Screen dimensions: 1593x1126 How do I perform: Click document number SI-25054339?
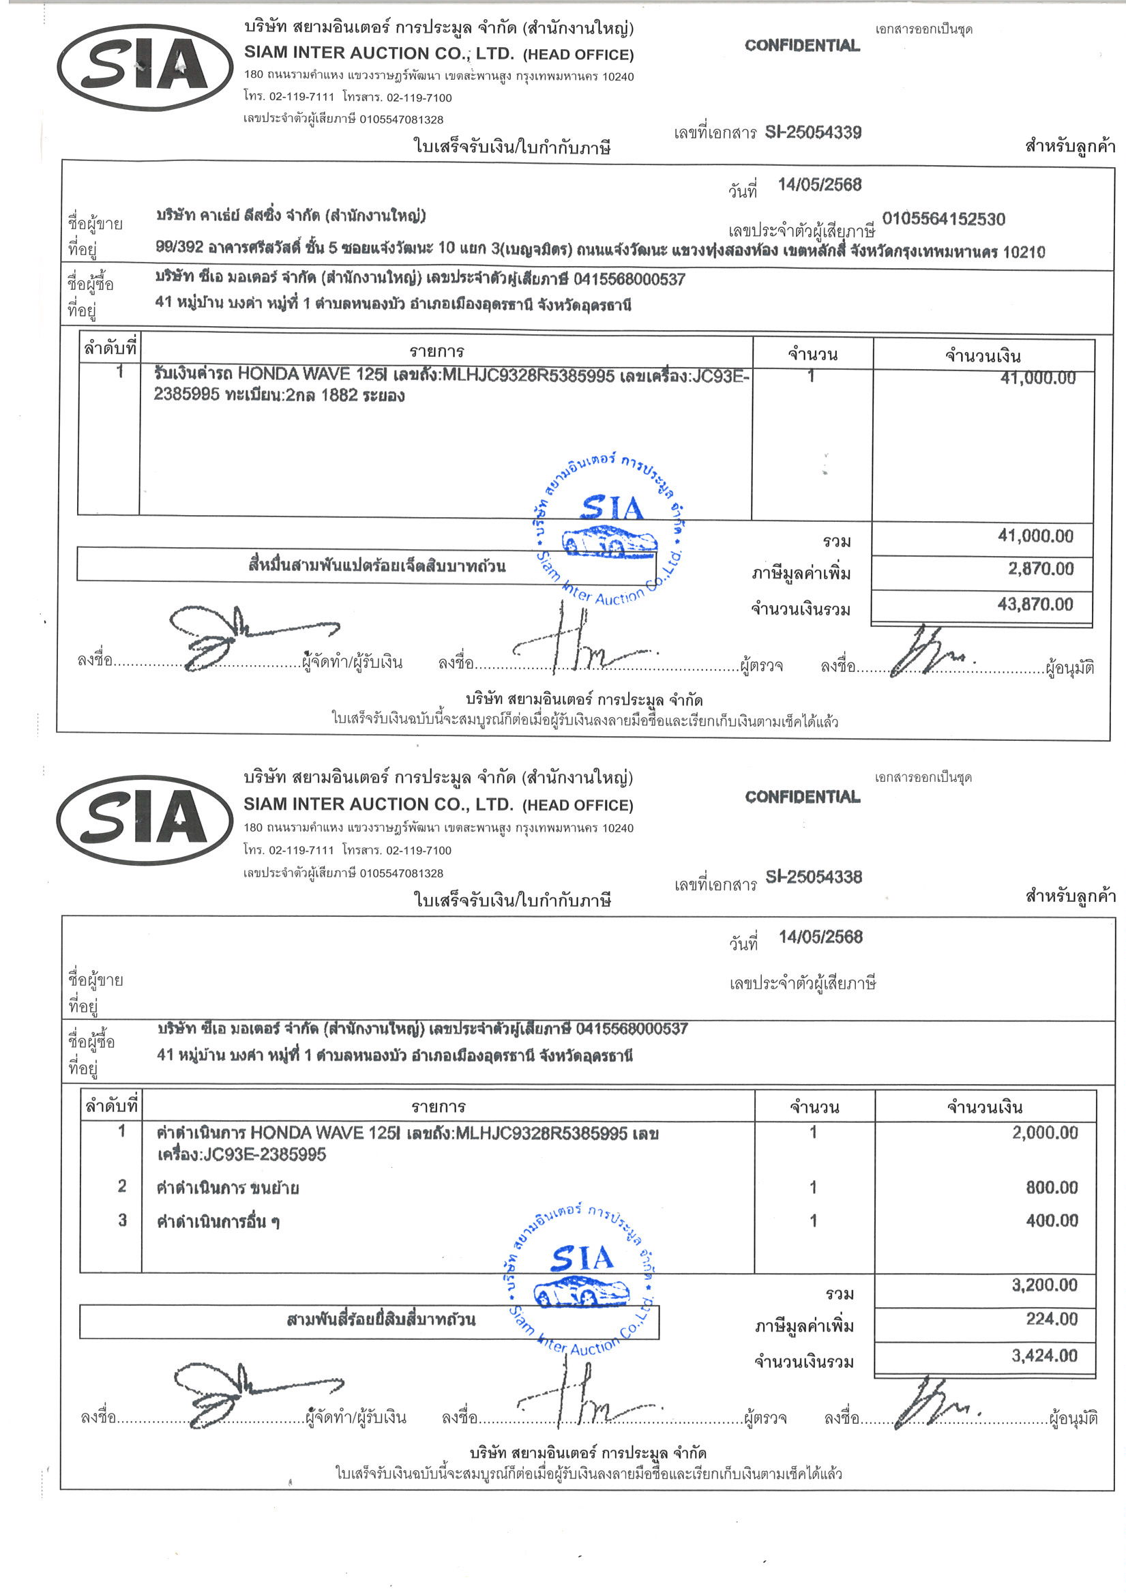[x=812, y=132]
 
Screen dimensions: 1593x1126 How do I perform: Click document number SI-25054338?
[x=813, y=876]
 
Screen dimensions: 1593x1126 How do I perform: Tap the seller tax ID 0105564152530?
[x=943, y=219]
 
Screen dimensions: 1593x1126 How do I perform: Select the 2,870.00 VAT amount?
[x=1040, y=569]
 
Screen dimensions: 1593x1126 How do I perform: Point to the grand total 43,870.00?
[x=1035, y=604]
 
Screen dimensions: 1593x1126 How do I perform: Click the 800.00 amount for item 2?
[x=1052, y=1187]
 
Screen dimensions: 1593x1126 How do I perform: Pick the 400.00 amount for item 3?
[x=1052, y=1221]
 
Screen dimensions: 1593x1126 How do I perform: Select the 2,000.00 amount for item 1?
[x=1045, y=1133]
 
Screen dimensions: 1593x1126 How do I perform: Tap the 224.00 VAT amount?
[x=1052, y=1319]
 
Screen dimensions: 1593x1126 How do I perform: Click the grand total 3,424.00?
[x=1044, y=1355]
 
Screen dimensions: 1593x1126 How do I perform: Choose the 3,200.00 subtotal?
[x=1044, y=1285]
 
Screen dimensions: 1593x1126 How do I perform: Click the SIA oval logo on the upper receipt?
[x=145, y=67]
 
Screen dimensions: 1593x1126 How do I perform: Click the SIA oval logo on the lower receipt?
[x=145, y=819]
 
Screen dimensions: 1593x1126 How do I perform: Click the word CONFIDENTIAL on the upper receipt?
[x=802, y=46]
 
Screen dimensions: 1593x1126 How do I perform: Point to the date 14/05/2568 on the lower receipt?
[x=820, y=937]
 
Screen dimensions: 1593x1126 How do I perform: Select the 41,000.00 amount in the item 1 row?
[x=1037, y=378]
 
